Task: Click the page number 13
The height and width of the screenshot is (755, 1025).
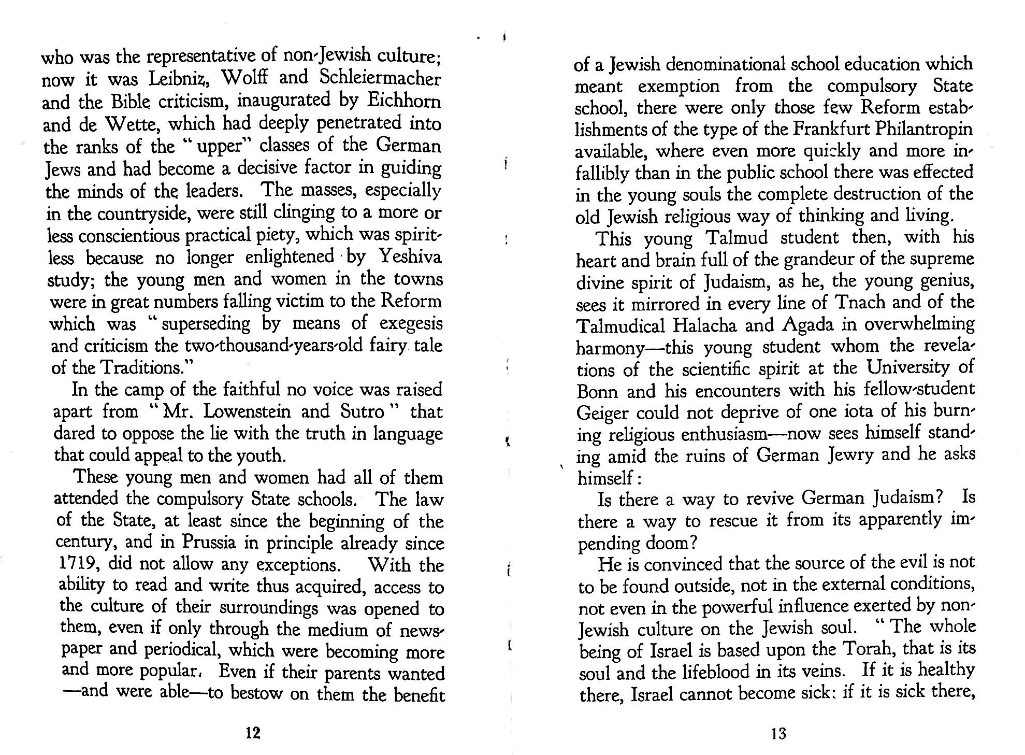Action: click(778, 733)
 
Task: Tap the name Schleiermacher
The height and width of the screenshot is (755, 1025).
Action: click(380, 78)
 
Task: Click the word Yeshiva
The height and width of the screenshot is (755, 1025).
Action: click(410, 257)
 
